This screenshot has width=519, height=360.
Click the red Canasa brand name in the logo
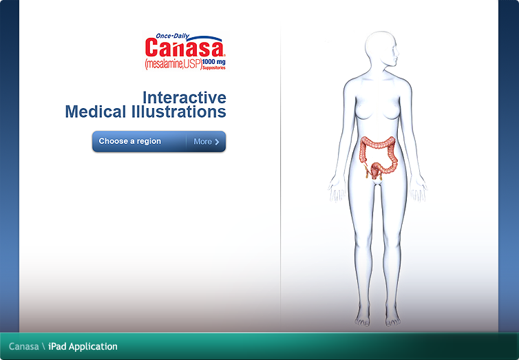tap(184, 48)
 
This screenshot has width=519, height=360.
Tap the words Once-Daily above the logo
tap(172, 36)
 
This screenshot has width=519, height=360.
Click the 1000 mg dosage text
tap(214, 62)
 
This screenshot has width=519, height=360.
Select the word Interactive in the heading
tap(184, 97)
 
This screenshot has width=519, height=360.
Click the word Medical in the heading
tap(96, 112)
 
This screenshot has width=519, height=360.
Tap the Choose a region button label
tap(130, 141)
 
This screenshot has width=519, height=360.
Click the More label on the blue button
tap(202, 141)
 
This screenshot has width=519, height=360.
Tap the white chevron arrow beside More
tap(218, 142)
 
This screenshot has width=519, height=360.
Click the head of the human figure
tap(381, 50)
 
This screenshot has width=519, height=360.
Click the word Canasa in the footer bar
tap(23, 346)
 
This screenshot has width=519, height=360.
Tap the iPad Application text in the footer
tap(83, 346)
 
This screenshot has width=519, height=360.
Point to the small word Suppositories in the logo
tap(214, 67)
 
